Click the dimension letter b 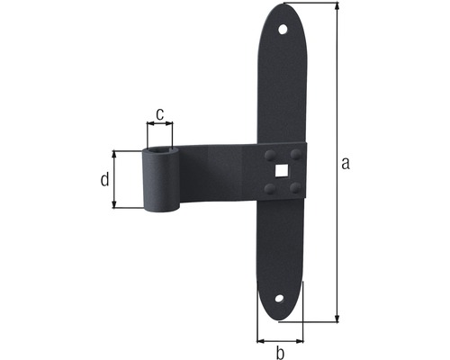click(x=279, y=352)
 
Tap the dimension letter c click(x=159, y=114)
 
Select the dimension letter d click(x=105, y=179)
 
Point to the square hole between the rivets click(x=283, y=171)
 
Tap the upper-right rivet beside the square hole click(x=295, y=154)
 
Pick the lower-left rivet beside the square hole click(x=269, y=187)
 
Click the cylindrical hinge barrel click(x=162, y=180)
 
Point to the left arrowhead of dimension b click(x=261, y=341)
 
